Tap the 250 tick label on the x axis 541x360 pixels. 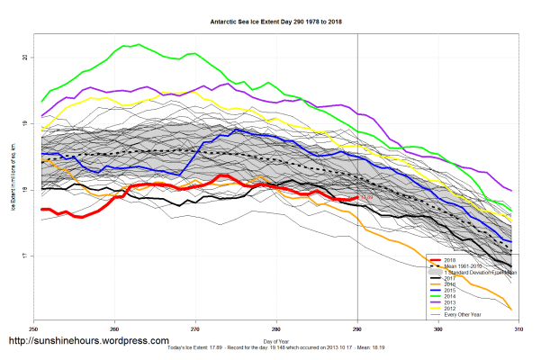pyautogui.click(x=34, y=330)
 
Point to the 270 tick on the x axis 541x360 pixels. pyautogui.click(x=196, y=330)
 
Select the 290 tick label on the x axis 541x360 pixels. pyautogui.click(x=358, y=330)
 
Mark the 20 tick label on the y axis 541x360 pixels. pyautogui.click(x=25, y=58)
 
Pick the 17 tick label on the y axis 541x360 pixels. pyautogui.click(x=25, y=256)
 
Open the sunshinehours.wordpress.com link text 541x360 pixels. pyautogui.click(x=88, y=342)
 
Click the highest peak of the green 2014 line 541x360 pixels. pyautogui.click(x=137, y=44)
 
